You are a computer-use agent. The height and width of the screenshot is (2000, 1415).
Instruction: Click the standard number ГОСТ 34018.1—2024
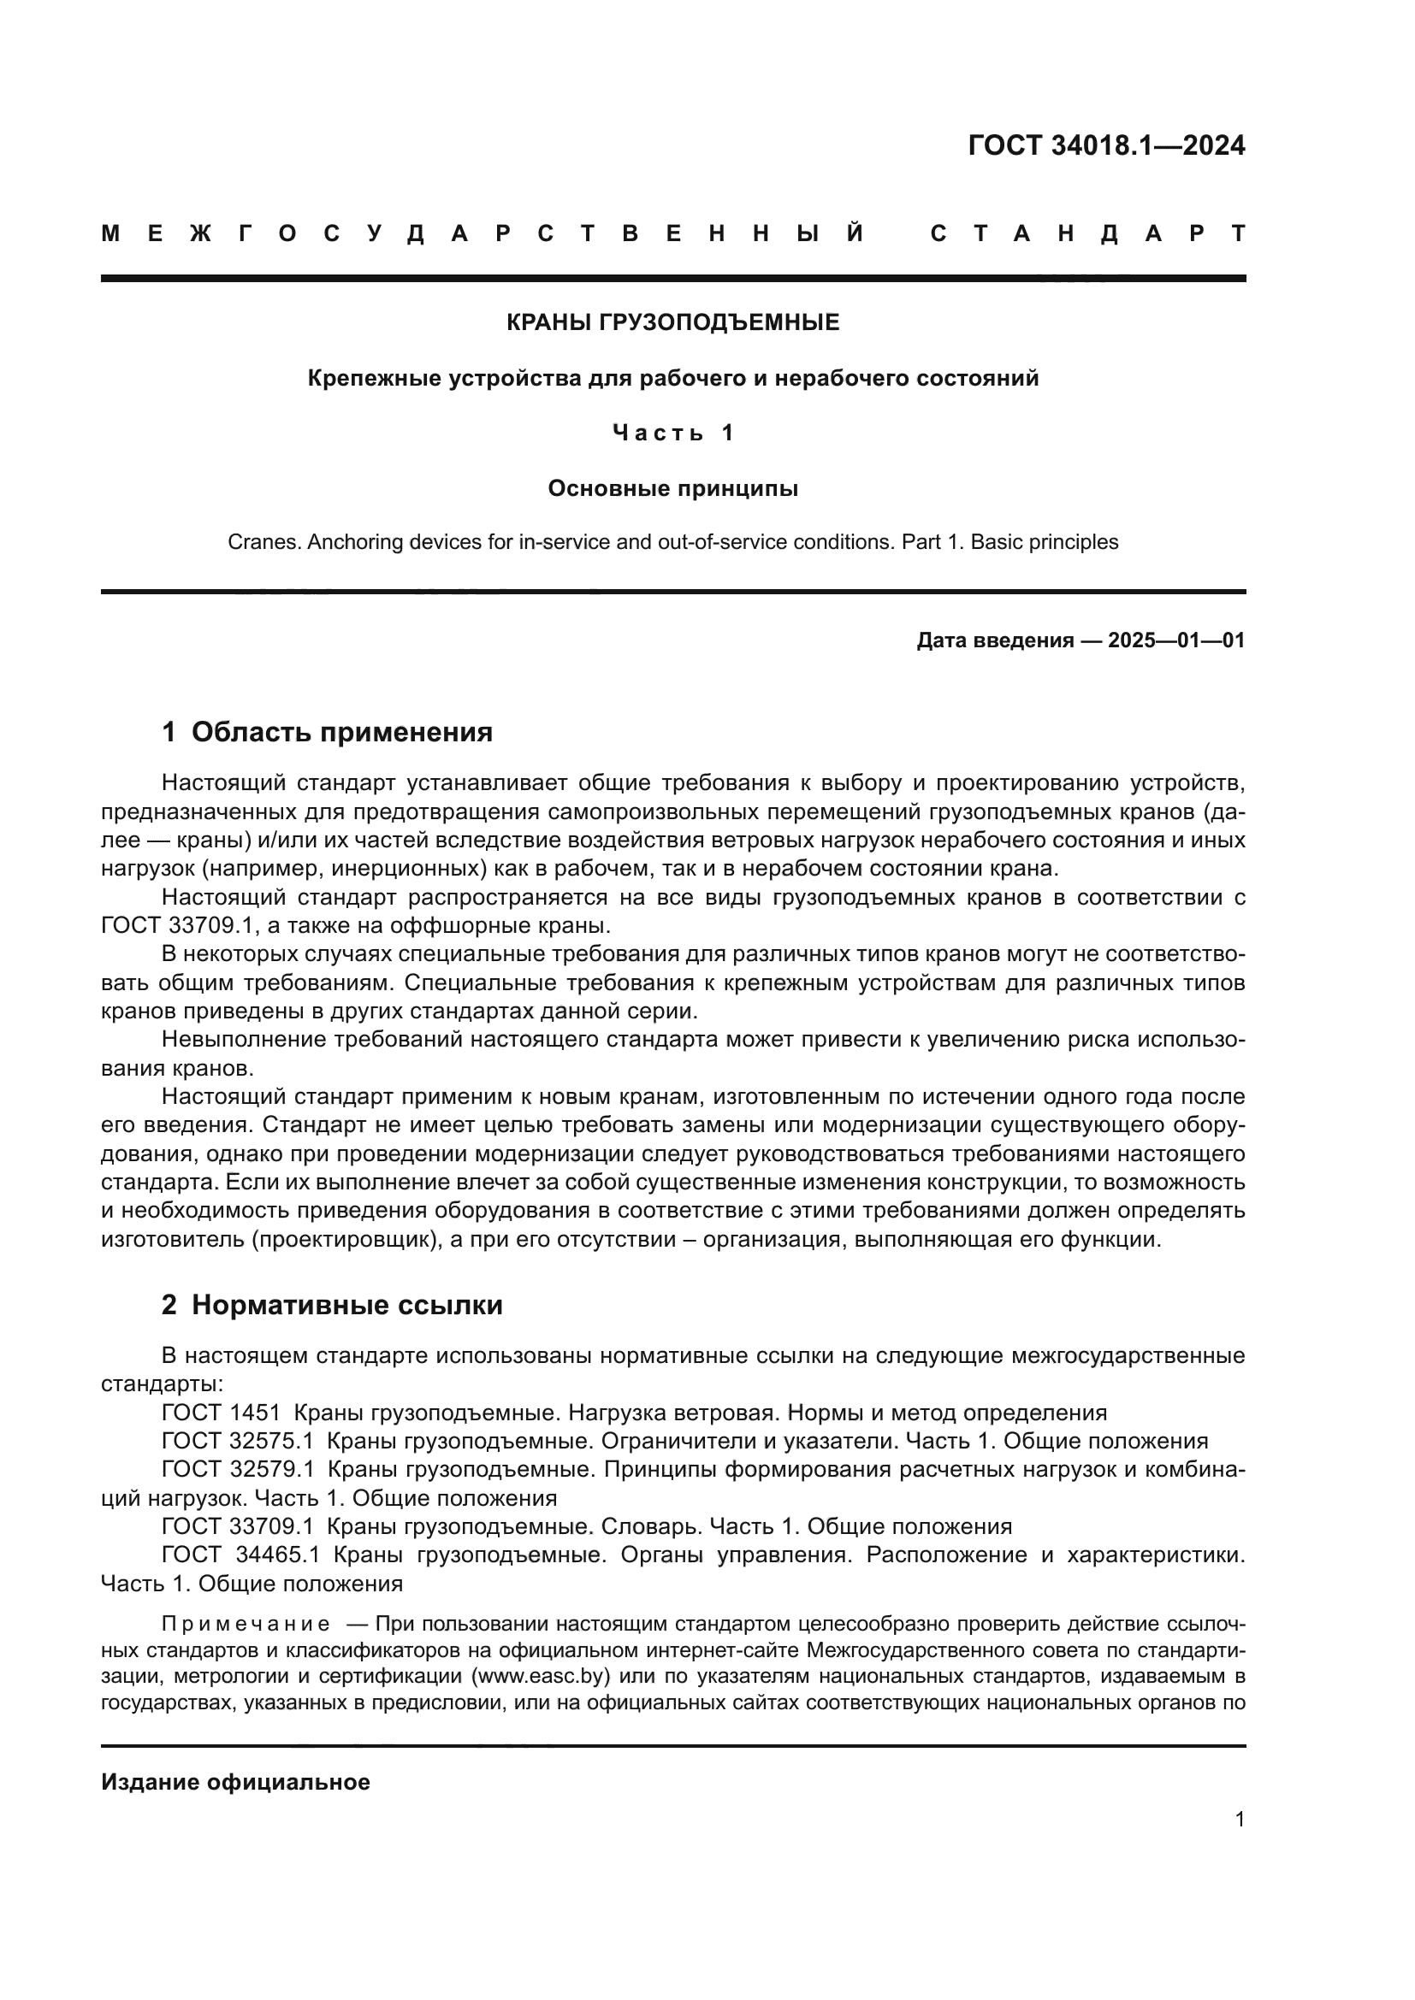tap(1105, 145)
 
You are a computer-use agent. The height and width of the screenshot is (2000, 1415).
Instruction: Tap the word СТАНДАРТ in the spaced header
tap(1088, 233)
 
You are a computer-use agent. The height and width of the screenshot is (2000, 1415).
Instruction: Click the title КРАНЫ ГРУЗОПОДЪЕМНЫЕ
tap(672, 323)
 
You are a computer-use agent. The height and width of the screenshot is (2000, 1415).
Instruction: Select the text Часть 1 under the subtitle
tap(672, 433)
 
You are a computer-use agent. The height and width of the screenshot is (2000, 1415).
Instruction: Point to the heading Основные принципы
tap(672, 489)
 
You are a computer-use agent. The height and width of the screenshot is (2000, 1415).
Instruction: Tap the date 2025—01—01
tap(1175, 641)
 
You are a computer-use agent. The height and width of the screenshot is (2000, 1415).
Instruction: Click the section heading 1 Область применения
tap(328, 732)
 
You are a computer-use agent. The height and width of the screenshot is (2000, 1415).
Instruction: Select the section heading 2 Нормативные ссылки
tap(332, 1305)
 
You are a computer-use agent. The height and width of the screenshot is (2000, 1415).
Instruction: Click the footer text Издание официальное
tap(235, 1782)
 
